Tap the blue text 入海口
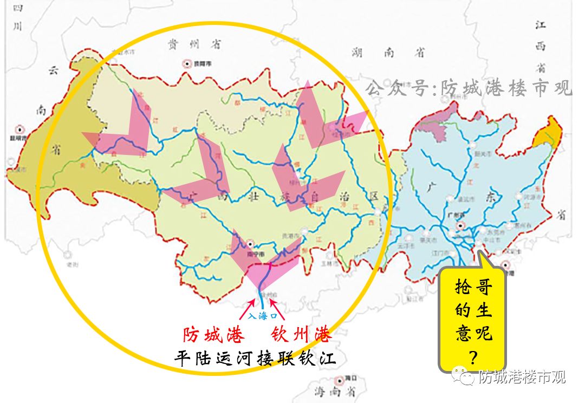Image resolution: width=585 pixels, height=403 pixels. click(x=262, y=315)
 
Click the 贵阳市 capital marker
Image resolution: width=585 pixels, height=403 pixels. click(x=187, y=63)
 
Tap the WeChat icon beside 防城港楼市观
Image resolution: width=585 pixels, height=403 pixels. click(x=465, y=376)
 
